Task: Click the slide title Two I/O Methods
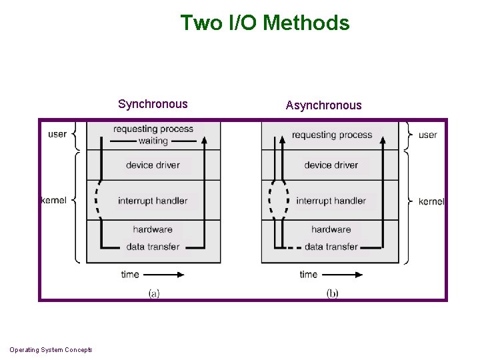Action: point(265,23)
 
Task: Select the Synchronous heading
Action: point(153,104)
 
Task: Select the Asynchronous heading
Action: point(323,105)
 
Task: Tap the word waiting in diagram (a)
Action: point(153,141)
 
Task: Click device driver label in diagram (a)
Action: point(153,165)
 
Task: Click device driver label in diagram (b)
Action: point(331,165)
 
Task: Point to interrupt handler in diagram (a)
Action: point(153,201)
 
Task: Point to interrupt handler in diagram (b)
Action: point(331,201)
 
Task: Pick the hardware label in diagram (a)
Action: point(153,229)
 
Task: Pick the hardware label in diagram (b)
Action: point(331,229)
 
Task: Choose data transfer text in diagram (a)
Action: point(153,247)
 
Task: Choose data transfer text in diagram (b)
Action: point(331,247)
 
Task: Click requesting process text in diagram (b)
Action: point(331,135)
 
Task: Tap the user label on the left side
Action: point(57,134)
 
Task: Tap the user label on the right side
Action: point(427,135)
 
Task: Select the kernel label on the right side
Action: point(431,201)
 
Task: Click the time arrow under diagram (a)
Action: point(169,274)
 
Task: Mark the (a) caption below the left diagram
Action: point(153,293)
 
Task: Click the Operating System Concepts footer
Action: point(51,350)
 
